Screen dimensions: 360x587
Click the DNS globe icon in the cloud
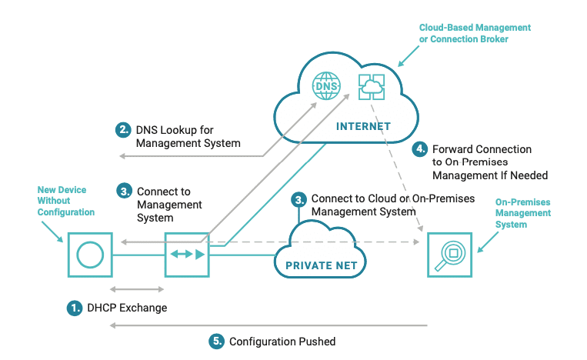tap(325, 85)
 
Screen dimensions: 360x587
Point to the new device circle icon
tap(89, 254)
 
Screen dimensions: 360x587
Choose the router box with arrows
tap(187, 254)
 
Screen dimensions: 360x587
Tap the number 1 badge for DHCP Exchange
tap(75, 308)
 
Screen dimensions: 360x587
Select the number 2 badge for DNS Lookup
tap(123, 130)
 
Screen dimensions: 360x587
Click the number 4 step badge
tap(420, 148)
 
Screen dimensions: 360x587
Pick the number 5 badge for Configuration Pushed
tap(217, 341)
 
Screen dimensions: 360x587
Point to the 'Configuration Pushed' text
tap(282, 341)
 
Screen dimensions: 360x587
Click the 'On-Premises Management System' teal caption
tap(523, 213)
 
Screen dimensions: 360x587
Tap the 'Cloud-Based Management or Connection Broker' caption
tap(475, 33)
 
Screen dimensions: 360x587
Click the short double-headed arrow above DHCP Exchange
tap(138, 289)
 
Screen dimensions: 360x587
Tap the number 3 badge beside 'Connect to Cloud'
tap(299, 198)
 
